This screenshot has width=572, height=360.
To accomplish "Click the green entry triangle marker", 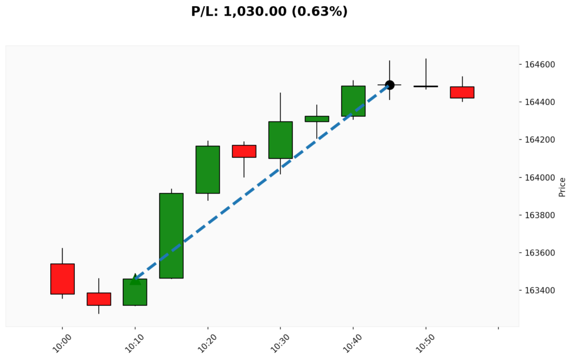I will click(135, 279).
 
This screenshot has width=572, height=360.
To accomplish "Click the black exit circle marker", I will click(389, 85).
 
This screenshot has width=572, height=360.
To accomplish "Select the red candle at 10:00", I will click(62, 278).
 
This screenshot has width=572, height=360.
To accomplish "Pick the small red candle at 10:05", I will click(98, 299).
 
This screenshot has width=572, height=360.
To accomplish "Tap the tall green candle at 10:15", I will click(171, 235).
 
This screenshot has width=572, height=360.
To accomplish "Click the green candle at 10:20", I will click(208, 169).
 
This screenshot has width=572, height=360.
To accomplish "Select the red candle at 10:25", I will click(244, 151).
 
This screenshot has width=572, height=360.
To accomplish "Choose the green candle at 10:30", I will click(280, 140).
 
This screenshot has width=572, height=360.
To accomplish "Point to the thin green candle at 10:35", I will click(317, 119).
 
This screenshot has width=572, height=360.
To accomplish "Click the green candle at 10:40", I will click(353, 101).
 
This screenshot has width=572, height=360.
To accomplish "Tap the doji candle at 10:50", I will click(426, 86).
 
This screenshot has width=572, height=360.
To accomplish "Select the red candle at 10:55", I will click(462, 92).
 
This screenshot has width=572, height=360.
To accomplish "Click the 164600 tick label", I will click(540, 65).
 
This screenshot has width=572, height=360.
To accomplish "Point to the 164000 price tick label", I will click(540, 178).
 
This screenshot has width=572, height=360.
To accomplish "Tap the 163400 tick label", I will click(540, 291).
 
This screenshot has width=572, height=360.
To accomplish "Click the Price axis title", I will click(562, 187).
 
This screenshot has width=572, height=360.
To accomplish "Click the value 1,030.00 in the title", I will click(255, 11).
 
